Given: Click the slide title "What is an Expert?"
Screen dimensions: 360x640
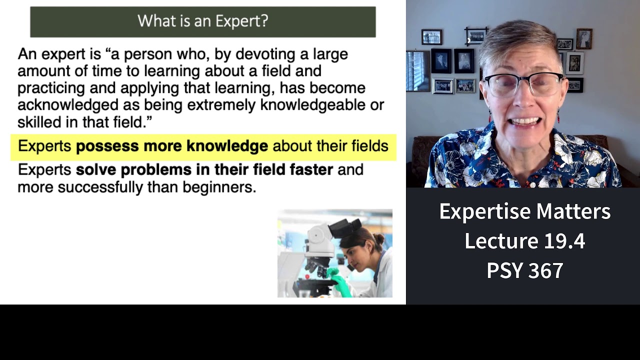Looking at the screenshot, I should (x=202, y=21).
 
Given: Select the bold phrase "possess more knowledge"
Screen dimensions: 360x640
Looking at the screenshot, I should (x=171, y=146).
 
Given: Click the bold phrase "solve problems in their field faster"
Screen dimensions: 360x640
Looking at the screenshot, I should (x=204, y=170).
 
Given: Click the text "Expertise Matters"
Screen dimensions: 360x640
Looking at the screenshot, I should (x=524, y=211).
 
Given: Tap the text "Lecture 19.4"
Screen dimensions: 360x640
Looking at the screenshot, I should (x=524, y=241).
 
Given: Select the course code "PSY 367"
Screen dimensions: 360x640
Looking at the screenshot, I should (x=524, y=270).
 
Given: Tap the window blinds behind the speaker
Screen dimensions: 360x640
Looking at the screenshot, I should (x=417, y=70).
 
